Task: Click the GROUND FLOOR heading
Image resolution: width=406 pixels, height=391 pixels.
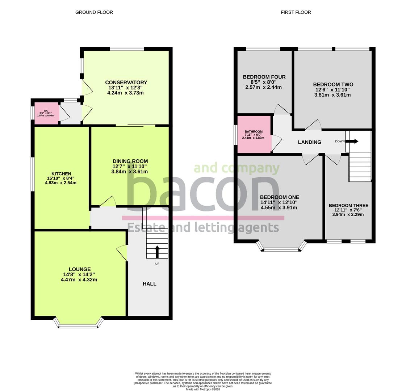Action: [94, 12]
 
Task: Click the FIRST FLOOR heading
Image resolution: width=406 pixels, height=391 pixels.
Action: [296, 12]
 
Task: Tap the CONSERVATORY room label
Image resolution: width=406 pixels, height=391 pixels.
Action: [126, 83]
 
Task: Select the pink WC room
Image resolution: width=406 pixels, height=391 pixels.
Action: [46, 113]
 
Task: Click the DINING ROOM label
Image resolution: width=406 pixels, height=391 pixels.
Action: [130, 161]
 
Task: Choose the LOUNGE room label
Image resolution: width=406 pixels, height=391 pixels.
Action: [80, 269]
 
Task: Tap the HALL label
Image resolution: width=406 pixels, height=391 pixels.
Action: [149, 284]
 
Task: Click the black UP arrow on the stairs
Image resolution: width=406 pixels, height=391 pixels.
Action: [157, 252]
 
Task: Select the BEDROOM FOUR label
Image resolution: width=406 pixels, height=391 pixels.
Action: [264, 77]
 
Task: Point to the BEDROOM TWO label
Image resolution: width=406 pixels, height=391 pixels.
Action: [333, 84]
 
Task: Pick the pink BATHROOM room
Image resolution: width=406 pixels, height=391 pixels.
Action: [254, 134]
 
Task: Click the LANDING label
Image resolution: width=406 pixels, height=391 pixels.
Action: [309, 142]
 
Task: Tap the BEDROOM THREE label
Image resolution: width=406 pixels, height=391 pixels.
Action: [348, 206]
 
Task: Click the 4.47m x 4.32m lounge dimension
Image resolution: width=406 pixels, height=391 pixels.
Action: [79, 280]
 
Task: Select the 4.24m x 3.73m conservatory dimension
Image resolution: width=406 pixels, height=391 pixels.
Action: [125, 93]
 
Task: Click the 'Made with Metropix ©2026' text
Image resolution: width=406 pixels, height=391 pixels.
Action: [203, 389]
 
